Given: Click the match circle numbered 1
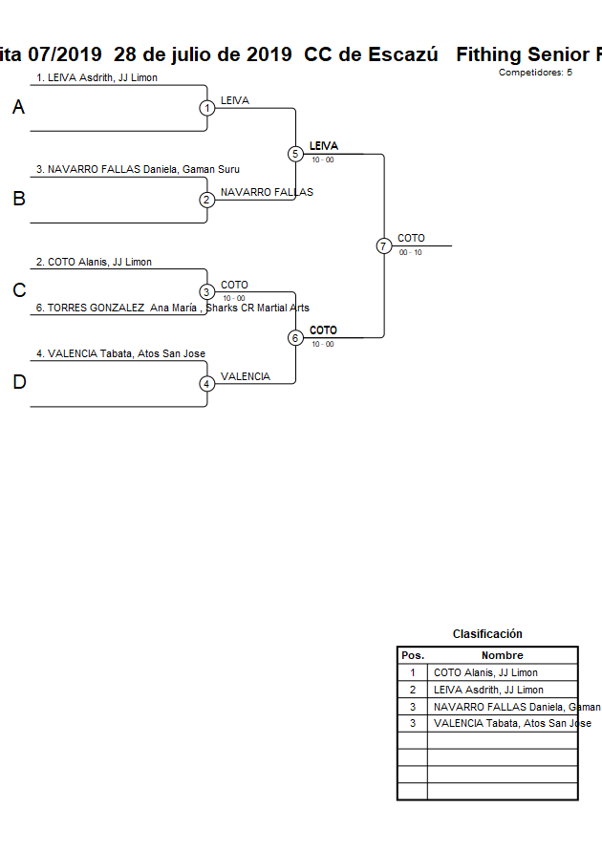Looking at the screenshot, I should point(207,108).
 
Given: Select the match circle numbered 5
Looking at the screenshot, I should point(295,154).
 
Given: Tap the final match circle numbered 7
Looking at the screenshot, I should point(383,246).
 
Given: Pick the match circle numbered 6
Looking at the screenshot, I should point(295,338).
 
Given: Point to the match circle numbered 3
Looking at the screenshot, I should point(207,292).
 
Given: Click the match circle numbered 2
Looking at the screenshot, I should point(207,201).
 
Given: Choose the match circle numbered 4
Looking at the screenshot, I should point(207,384).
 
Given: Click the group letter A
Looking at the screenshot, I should point(18,108).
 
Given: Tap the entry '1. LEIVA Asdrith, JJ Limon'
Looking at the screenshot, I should point(97,77).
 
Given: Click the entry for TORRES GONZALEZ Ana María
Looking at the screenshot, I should point(172,308).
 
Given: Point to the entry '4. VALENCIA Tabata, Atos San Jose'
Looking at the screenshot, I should point(120,353).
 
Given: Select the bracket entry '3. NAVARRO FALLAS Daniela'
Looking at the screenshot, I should point(138,169).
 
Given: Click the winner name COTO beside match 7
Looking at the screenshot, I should point(412,238).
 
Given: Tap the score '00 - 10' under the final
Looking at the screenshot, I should point(411,253).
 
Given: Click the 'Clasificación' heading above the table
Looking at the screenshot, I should point(487,634).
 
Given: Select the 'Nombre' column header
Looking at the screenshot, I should point(502,656).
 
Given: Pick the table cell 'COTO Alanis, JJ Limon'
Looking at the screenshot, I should point(485,672).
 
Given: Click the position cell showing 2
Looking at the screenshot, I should point(413,690).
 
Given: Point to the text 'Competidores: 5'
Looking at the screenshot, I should point(535,73).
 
